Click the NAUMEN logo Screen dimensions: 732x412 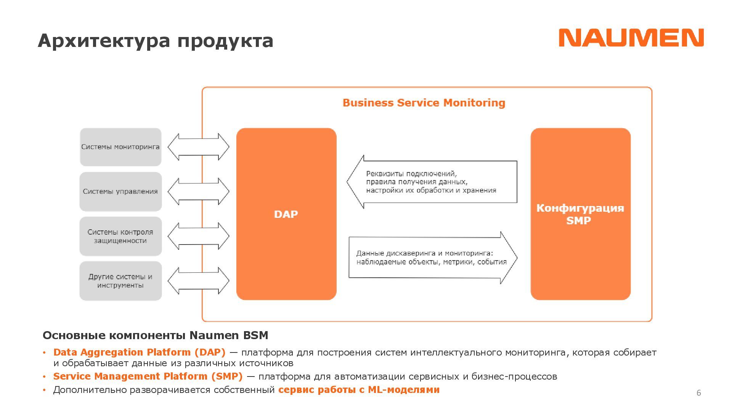tap(631, 38)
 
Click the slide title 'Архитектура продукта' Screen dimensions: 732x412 tap(156, 41)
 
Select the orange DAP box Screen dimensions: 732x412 tap(286, 214)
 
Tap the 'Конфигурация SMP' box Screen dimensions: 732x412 tap(580, 214)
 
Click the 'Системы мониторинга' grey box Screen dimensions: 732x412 tap(120, 147)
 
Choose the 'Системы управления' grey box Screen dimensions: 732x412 tap(120, 192)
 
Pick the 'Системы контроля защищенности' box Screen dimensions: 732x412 tap(120, 236)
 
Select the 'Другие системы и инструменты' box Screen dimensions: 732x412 tap(120, 281)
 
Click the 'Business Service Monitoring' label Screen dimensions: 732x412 tap(424, 103)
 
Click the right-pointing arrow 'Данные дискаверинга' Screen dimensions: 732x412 tap(432, 258)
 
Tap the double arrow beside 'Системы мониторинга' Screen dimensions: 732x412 tap(198, 147)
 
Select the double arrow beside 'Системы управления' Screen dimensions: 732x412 tap(198, 192)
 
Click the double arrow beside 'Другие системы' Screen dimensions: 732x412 tap(198, 281)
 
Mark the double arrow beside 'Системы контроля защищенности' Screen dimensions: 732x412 tap(198, 236)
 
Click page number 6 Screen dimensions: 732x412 tap(698, 393)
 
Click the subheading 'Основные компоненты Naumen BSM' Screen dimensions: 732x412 tap(156, 335)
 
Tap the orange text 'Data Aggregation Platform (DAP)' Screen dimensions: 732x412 tap(139, 352)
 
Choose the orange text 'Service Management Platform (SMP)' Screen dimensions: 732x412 tap(148, 376)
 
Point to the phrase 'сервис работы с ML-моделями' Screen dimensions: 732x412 tap(359, 389)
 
